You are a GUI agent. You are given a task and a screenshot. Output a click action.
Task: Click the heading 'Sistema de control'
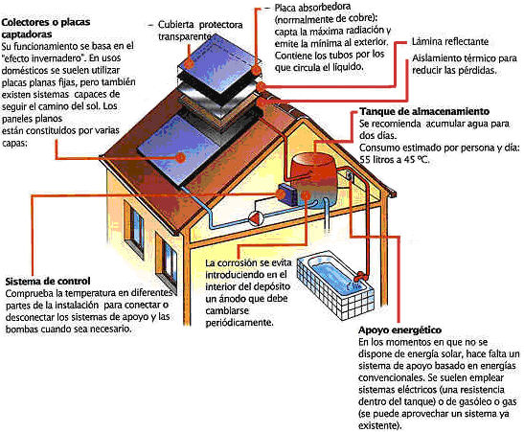click(x=48, y=281)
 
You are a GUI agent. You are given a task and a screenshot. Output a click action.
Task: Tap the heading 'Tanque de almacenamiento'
click(x=424, y=111)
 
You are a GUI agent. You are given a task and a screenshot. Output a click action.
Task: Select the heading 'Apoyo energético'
click(x=400, y=330)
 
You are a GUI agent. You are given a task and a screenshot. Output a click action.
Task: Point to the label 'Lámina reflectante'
click(x=450, y=42)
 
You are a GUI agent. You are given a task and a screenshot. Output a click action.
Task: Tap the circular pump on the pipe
click(x=257, y=218)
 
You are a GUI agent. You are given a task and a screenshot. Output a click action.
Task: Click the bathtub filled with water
click(x=336, y=286)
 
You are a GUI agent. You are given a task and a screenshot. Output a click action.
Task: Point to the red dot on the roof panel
click(x=181, y=157)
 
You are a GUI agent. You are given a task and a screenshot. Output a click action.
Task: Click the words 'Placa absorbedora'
click(x=312, y=8)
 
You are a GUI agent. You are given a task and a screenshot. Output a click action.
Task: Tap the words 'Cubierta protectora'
click(x=200, y=25)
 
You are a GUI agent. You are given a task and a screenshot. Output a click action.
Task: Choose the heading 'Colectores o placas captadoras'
click(x=46, y=28)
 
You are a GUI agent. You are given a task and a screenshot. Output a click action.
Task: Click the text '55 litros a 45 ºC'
click(x=394, y=160)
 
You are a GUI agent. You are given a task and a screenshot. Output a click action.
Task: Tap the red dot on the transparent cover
click(x=190, y=63)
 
